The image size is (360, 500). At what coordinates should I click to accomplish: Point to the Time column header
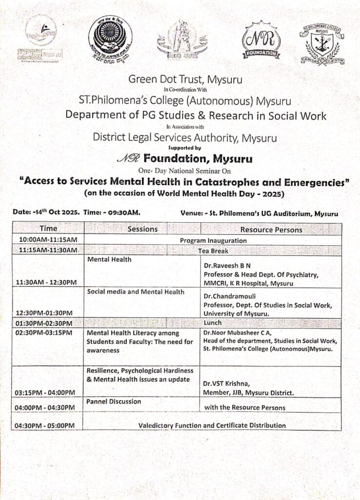tap(48, 229)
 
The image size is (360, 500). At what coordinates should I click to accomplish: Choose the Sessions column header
tap(142, 229)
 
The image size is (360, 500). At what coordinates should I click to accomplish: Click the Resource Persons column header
tap(271, 229)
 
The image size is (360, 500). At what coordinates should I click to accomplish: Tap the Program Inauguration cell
tap(213, 241)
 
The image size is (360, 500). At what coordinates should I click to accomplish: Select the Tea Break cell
tap(213, 250)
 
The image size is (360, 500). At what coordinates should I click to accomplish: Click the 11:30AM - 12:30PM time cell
tap(46, 282)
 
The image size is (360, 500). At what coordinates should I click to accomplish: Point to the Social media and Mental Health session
tap(136, 292)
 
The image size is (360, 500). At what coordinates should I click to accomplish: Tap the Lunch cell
tap(213, 323)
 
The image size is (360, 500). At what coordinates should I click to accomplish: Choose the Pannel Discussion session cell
tap(114, 402)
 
